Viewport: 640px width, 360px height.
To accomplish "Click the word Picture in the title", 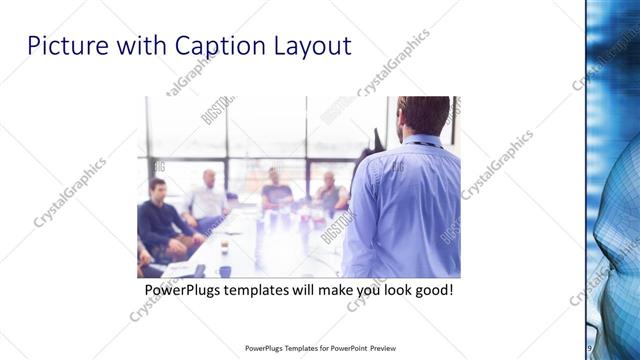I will point(61,46).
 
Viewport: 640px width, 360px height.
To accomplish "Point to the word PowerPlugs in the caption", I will point(185,291).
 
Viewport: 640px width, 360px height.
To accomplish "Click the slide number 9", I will point(590,348).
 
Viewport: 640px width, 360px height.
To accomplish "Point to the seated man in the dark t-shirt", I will point(276,189).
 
